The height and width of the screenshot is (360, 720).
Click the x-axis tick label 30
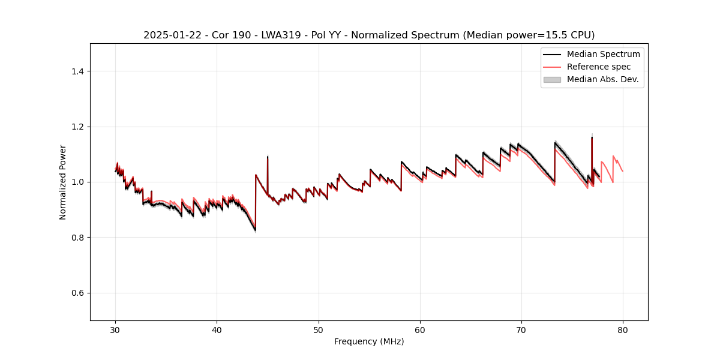click(x=115, y=330)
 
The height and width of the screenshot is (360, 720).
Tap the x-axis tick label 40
click(x=217, y=330)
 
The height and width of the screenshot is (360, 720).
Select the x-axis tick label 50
click(x=319, y=330)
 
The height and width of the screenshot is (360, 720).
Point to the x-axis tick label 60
click(x=420, y=330)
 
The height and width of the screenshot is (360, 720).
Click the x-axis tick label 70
click(x=521, y=330)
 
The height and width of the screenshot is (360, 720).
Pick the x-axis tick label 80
click(x=623, y=330)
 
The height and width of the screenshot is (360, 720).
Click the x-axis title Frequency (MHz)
click(x=369, y=341)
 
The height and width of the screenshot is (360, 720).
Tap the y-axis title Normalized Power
click(x=63, y=182)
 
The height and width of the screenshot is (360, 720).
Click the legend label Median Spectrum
click(x=603, y=54)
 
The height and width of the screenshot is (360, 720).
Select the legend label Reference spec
click(x=599, y=67)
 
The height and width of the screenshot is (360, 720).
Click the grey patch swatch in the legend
click(x=552, y=79)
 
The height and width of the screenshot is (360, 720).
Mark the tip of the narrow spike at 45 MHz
click(x=268, y=157)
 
